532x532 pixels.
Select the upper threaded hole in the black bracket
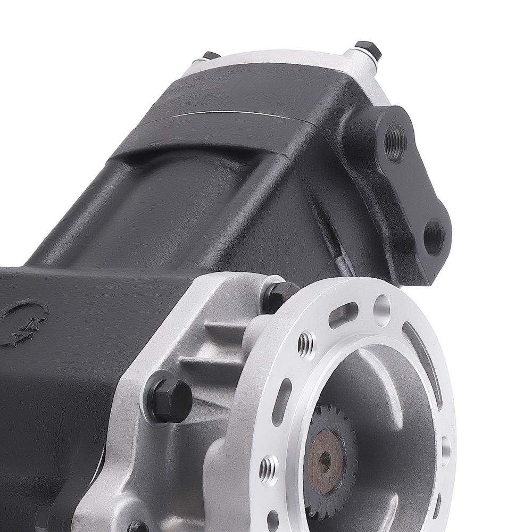(x=395, y=137)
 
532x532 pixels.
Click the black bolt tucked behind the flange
(x=281, y=295)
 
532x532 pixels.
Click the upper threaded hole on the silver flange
(x=306, y=343)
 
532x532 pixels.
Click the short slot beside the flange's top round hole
(x=343, y=315)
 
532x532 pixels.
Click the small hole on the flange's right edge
(x=445, y=445)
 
